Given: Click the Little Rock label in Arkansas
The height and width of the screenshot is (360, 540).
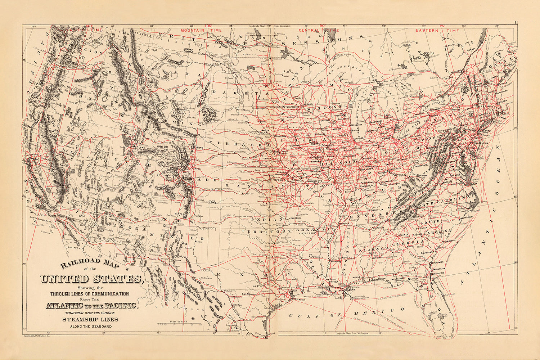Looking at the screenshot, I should click(307, 234).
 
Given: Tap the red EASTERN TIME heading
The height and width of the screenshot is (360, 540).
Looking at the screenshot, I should click(437, 31).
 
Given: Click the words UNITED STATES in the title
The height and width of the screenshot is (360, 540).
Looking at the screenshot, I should click(91, 279).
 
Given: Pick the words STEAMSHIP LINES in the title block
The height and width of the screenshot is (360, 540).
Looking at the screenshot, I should click(90, 319).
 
